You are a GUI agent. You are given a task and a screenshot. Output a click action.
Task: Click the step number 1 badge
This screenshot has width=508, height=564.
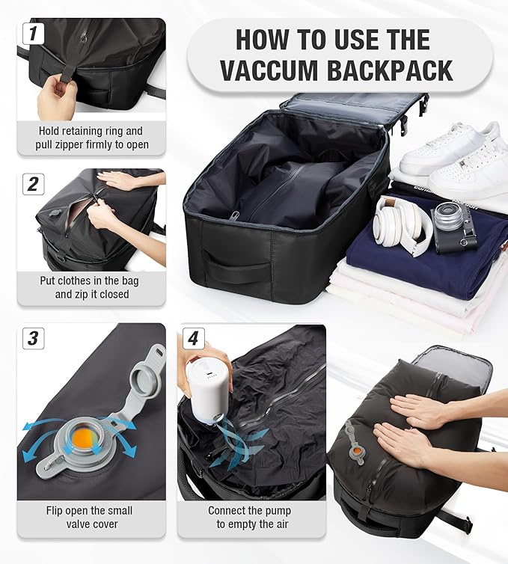pyautogui.click(x=31, y=33)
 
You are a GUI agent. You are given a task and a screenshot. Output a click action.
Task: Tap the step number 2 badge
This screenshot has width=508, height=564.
pyautogui.click(x=31, y=183)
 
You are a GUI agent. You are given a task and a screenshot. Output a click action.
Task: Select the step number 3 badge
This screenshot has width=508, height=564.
pyautogui.click(x=31, y=338)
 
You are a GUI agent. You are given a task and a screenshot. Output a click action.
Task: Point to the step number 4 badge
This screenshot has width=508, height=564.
pyautogui.click(x=192, y=338)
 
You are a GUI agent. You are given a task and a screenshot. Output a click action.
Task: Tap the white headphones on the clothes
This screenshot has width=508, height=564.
pyautogui.click(x=400, y=221)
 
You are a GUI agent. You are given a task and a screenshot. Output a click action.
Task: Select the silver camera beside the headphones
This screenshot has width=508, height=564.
pyautogui.click(x=455, y=225)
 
